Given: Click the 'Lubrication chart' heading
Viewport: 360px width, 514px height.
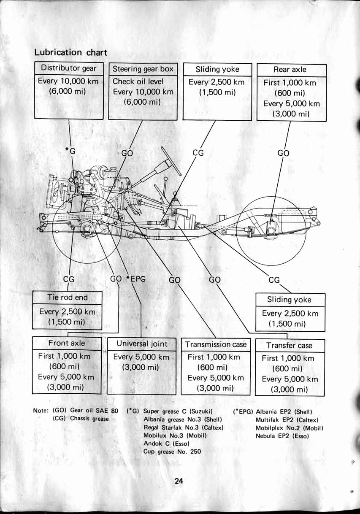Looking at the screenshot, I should (x=70, y=52).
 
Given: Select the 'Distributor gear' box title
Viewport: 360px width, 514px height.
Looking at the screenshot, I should (x=68, y=68).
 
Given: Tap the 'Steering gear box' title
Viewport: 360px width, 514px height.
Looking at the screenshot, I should (x=143, y=69).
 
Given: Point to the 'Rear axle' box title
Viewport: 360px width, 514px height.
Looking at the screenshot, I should (x=290, y=70).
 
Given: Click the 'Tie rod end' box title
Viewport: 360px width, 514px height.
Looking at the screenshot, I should (x=68, y=297).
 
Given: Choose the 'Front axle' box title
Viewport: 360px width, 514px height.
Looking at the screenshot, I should (x=67, y=343).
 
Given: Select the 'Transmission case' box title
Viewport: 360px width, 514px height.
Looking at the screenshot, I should (x=216, y=344).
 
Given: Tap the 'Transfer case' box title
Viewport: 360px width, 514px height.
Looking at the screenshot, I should (x=289, y=345).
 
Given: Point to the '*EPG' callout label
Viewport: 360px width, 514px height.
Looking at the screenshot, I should (x=135, y=279).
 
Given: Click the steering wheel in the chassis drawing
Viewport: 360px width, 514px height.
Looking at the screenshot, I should (x=171, y=160).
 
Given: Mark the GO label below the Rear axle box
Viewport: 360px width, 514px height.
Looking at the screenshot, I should (x=283, y=153).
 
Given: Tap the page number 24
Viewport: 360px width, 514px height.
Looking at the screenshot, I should (x=179, y=481).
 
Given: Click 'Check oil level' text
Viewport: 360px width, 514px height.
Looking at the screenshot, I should (x=138, y=81).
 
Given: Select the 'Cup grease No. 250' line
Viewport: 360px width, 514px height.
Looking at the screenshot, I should (x=172, y=451).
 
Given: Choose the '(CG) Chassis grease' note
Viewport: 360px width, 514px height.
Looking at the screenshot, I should (x=81, y=419).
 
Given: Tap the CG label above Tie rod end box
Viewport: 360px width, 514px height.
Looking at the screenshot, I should (x=69, y=279).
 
